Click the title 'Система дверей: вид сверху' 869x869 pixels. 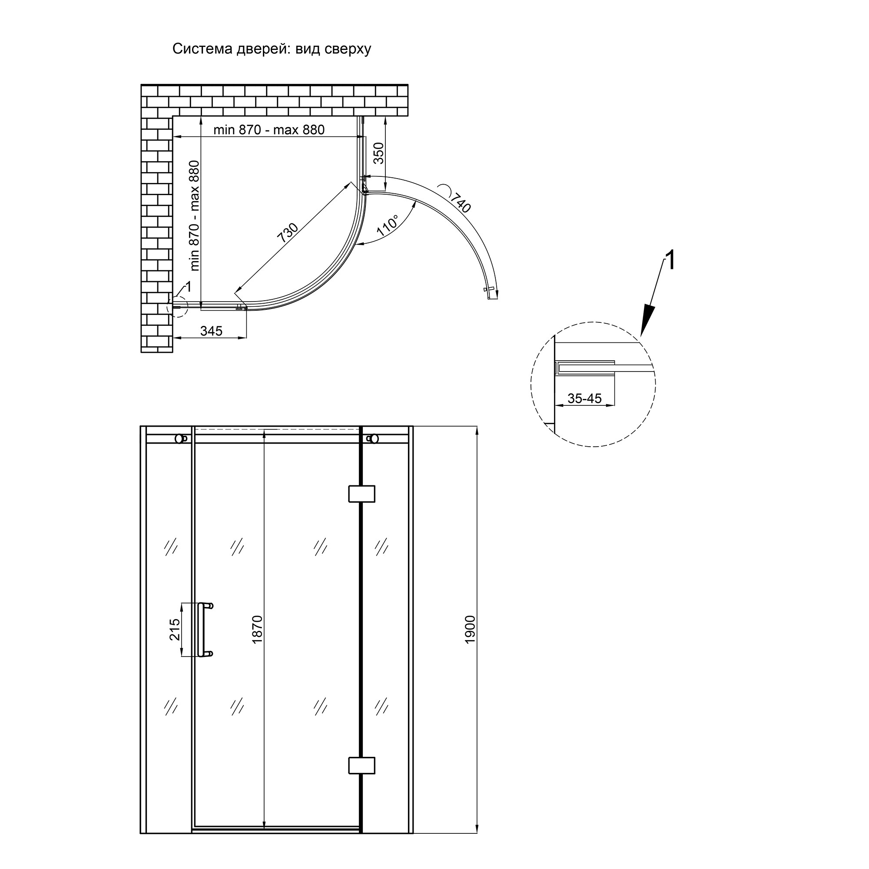272,49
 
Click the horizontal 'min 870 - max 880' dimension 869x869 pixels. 269,129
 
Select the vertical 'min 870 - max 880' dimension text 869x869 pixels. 194,216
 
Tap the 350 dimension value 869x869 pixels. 379,153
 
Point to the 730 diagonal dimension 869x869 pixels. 287,233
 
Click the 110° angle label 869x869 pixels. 387,226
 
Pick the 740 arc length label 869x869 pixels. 460,202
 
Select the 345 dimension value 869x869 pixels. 211,331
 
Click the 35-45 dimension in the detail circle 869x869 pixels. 584,398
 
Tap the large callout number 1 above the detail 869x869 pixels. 670,261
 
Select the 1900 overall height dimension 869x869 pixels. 470,630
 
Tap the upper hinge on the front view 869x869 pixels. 362,494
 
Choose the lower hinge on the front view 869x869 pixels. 362,766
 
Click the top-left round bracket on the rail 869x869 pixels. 181,438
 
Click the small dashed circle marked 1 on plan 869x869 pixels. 177,307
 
